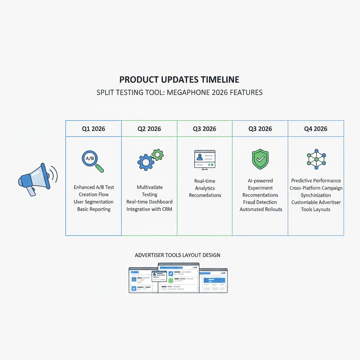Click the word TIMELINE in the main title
click(220, 80)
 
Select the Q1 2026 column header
click(94, 129)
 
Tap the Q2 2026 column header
click(149, 129)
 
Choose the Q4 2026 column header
click(316, 129)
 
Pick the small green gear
click(157, 155)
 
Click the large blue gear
click(146, 162)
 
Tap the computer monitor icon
click(205, 160)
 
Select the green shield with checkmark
click(261, 159)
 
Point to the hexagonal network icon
click(316, 159)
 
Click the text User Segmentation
click(94, 202)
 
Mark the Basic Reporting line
click(94, 209)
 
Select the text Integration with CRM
click(149, 209)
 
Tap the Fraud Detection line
click(260, 202)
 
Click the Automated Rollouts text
click(261, 210)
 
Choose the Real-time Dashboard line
click(149, 202)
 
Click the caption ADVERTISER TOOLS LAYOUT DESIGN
click(178, 255)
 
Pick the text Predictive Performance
click(316, 181)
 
